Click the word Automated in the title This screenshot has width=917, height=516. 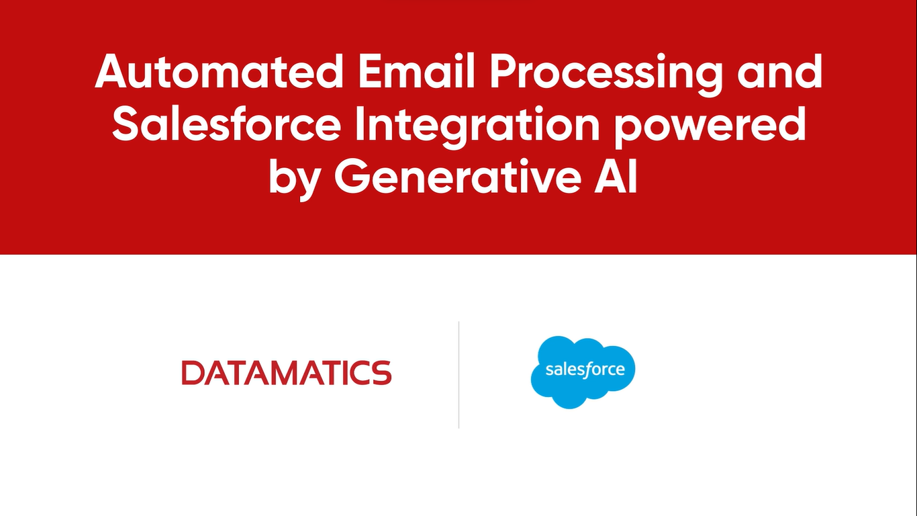219,71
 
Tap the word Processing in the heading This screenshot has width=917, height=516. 606,75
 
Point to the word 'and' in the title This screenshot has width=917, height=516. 780,71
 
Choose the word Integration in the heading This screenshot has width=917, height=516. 477,128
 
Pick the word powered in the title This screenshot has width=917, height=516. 710,128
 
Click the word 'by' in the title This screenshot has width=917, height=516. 294,179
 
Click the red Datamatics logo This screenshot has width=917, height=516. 287,372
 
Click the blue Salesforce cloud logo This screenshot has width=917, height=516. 583,372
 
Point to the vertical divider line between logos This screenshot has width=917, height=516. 458,375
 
